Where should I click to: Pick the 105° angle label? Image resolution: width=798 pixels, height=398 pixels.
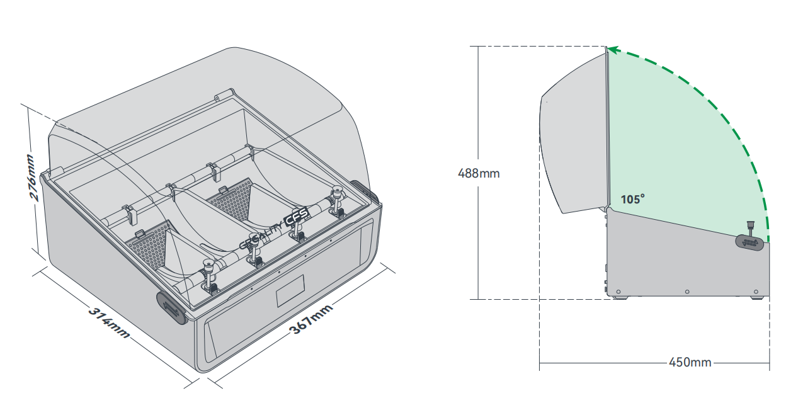point(632,200)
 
